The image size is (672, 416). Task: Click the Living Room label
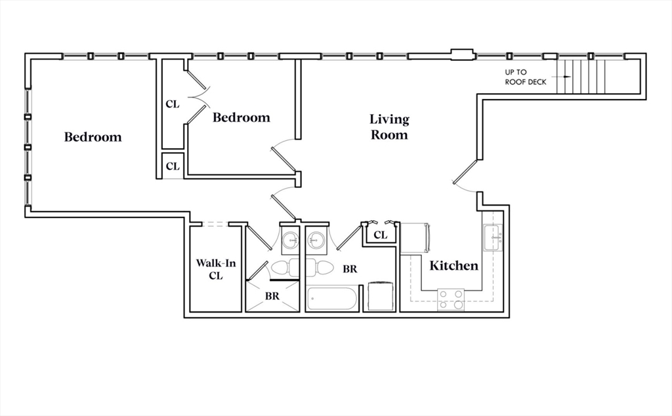[389, 126]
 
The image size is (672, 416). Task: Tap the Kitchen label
[454, 266]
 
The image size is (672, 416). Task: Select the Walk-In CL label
[215, 269]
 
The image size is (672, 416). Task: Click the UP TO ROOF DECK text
[526, 77]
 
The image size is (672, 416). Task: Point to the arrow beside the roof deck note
[562, 77]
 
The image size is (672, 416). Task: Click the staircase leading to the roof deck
[581, 77]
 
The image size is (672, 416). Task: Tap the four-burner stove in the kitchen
[450, 299]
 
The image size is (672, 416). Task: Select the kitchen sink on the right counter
[493, 238]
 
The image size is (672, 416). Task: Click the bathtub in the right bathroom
[332, 299]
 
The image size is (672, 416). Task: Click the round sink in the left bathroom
[291, 240]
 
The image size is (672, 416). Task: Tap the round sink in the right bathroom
[316, 240]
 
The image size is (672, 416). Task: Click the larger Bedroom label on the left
[93, 137]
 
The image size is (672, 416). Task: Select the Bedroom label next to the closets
[241, 118]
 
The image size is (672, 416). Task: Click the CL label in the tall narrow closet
[173, 104]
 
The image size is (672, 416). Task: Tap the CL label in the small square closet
[173, 166]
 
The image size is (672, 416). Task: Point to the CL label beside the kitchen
[380, 235]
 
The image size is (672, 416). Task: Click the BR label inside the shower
[272, 295]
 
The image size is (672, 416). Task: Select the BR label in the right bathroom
[350, 269]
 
